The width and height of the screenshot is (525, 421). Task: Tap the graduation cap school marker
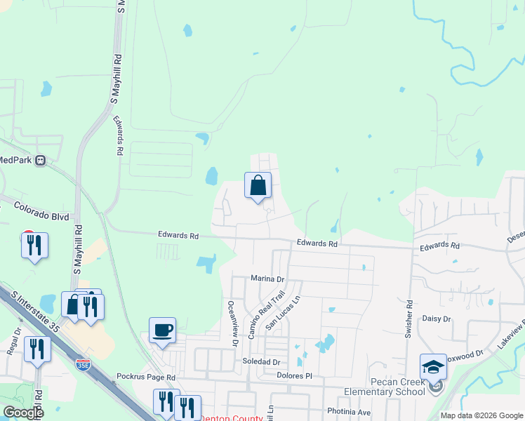tap(433, 367)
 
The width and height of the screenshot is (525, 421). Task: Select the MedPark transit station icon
tap(40, 160)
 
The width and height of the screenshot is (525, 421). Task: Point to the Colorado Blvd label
tap(42, 211)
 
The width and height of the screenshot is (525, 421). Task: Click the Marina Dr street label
tap(267, 279)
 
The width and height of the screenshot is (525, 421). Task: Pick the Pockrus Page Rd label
tap(146, 377)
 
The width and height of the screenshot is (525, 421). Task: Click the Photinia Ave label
tap(349, 411)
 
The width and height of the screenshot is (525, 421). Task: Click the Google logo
tap(23, 413)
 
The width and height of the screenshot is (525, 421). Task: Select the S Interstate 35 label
tap(31, 307)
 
